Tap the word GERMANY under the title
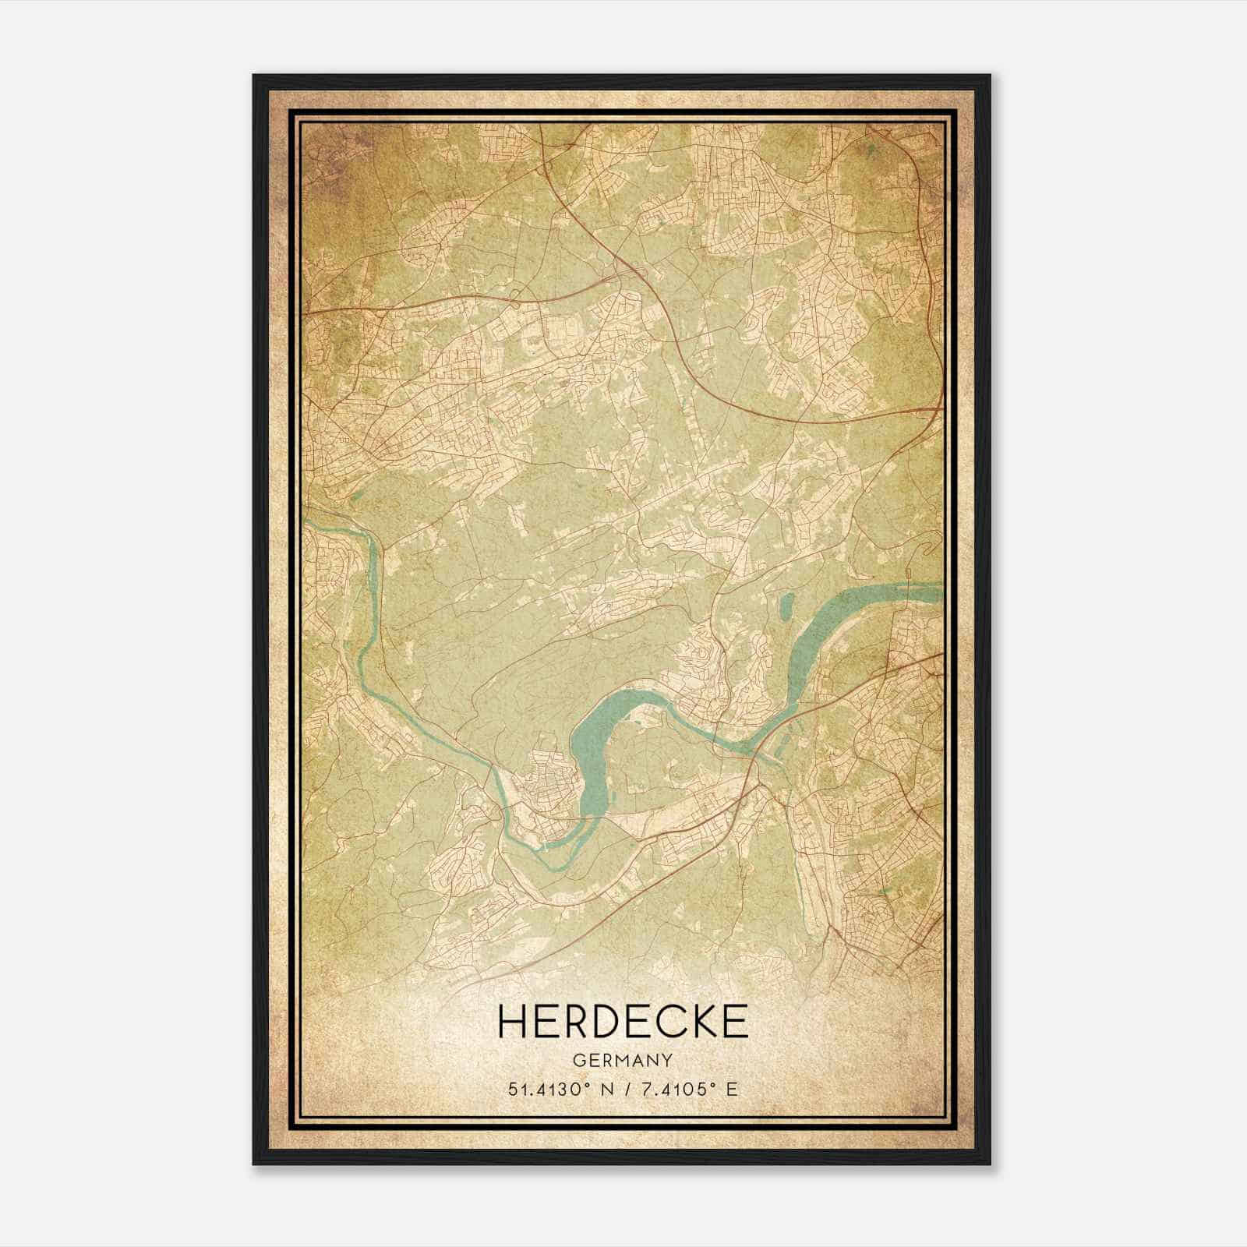click(622, 1060)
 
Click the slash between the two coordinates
click(628, 1089)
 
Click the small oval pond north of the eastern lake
click(785, 603)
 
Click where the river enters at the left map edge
click(308, 524)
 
